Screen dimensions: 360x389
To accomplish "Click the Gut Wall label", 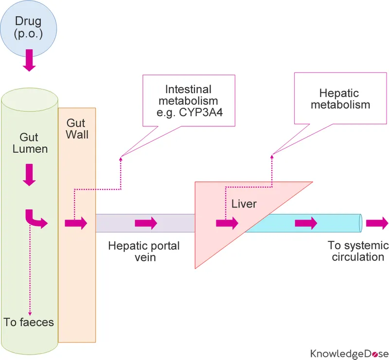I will [x=77, y=127].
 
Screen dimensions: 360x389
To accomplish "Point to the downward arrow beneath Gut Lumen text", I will [x=30, y=174].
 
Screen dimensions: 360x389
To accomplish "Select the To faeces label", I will [x=29, y=322].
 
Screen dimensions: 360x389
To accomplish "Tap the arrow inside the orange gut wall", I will [x=76, y=223].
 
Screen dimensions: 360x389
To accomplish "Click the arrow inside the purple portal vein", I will [x=146, y=223].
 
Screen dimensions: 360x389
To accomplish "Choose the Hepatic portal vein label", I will [x=144, y=252].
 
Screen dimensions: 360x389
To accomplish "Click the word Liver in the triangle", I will [x=244, y=204].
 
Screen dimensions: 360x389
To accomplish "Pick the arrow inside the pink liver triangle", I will [x=227, y=223].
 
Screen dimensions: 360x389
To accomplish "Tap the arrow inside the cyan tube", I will [x=306, y=223].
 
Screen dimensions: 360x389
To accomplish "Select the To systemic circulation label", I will [x=357, y=251].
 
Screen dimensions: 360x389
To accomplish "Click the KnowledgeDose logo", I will [x=349, y=353].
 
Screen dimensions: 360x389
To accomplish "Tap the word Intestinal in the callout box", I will [x=188, y=89].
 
